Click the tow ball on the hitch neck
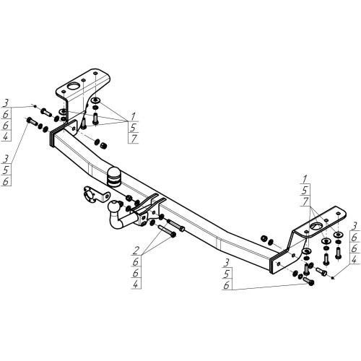(x=113, y=206)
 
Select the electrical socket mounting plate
(x=96, y=196)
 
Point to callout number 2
(x=136, y=251)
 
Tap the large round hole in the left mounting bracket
(x=74, y=86)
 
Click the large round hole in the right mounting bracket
(x=316, y=226)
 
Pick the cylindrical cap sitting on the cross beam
(x=113, y=177)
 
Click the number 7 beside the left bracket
(x=134, y=139)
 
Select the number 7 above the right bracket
(x=305, y=201)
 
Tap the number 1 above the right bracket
(x=305, y=179)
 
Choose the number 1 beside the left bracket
(x=133, y=116)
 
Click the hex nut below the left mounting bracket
(x=103, y=145)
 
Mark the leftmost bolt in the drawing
(x=32, y=121)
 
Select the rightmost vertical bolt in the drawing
(x=338, y=253)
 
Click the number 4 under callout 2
(x=136, y=284)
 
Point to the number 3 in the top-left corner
(x=6, y=103)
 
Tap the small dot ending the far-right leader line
(x=333, y=278)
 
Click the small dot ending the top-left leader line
(x=35, y=106)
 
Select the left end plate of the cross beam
(x=51, y=139)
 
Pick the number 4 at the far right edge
(x=354, y=260)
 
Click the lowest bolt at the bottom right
(x=309, y=281)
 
